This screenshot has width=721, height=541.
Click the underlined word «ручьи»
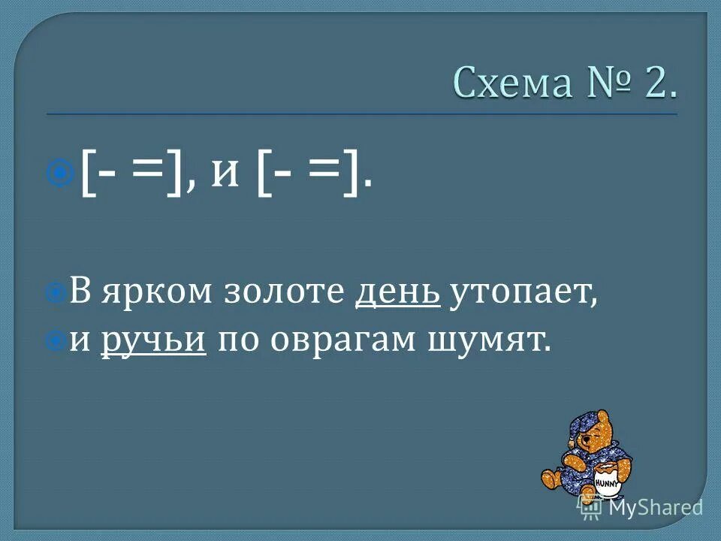click(x=153, y=340)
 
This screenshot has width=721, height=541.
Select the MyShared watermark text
click(x=655, y=508)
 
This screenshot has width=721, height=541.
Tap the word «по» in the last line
click(x=234, y=340)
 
